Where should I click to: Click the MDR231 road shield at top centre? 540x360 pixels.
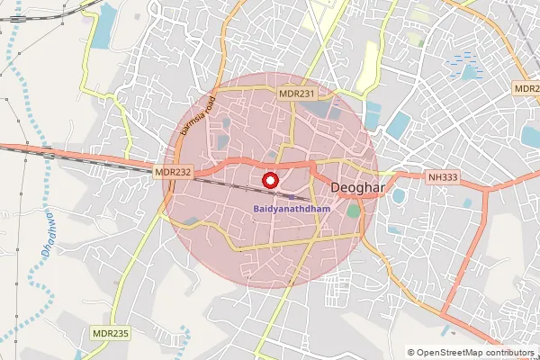click(298, 93)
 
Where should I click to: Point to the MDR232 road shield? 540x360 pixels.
click(173, 171)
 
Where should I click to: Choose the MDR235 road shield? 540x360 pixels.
click(112, 333)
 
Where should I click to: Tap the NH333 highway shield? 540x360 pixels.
click(443, 180)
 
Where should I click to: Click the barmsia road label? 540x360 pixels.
click(197, 115)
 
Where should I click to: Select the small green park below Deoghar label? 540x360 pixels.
click(353, 211)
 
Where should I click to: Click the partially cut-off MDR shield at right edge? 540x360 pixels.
click(527, 89)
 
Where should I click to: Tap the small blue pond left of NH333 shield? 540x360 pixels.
click(399, 195)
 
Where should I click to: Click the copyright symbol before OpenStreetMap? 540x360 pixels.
click(411, 353)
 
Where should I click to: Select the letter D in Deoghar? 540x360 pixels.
click(337, 187)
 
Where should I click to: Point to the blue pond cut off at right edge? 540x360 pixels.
click(531, 136)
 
